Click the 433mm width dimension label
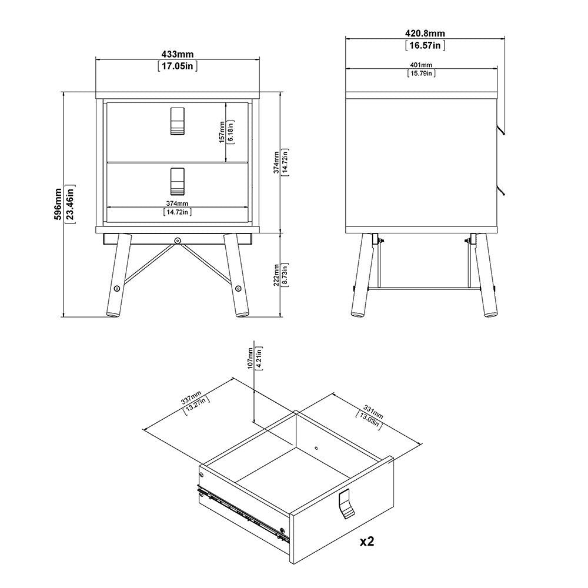(x=178, y=55)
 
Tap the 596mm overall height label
(x=58, y=205)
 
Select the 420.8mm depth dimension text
(x=425, y=34)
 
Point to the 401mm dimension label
(x=421, y=65)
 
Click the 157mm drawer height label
(x=222, y=132)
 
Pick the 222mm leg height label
(x=276, y=275)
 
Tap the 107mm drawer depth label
(x=250, y=359)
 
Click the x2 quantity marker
(x=367, y=541)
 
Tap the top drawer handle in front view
(x=178, y=121)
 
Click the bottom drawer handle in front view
(x=178, y=182)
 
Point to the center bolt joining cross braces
(x=177, y=240)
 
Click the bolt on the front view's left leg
(x=116, y=288)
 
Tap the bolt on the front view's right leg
(x=238, y=288)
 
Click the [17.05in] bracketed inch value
(x=178, y=66)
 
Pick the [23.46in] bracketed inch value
(x=70, y=205)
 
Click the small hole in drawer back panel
(x=316, y=447)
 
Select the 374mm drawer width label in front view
(x=178, y=203)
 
